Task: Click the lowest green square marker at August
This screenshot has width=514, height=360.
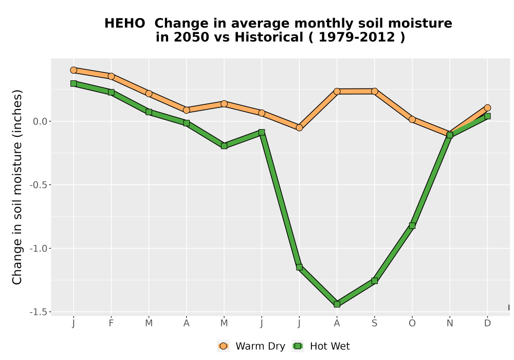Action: [x=337, y=304]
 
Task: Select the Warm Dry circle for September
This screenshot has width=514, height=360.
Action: [x=374, y=91]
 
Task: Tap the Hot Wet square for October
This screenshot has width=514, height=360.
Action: [x=412, y=226]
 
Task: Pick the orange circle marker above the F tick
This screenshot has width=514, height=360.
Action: [x=111, y=76]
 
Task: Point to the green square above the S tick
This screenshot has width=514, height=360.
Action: [x=374, y=281]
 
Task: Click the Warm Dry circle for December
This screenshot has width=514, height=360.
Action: [x=487, y=108]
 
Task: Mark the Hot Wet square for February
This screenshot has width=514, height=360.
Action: [x=111, y=93]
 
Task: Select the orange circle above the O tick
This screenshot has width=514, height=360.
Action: [x=412, y=119]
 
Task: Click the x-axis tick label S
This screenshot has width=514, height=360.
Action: [x=374, y=323]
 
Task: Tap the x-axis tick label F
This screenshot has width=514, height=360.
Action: [x=111, y=323]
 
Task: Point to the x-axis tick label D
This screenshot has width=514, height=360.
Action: [x=487, y=323]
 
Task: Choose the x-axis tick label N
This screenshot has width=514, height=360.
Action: [x=450, y=323]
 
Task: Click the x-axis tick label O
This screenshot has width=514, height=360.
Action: [x=412, y=323]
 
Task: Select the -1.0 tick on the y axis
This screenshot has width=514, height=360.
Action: [x=39, y=248]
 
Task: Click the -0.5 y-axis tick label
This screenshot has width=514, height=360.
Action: [x=39, y=185]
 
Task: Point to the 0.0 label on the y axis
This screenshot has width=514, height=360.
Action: [x=40, y=122]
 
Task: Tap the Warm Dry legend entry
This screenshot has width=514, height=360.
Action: [x=251, y=346]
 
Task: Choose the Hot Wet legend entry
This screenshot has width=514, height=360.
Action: [x=321, y=346]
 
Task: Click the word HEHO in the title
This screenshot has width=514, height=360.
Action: [x=124, y=24]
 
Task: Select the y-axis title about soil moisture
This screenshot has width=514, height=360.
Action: [x=17, y=187]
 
